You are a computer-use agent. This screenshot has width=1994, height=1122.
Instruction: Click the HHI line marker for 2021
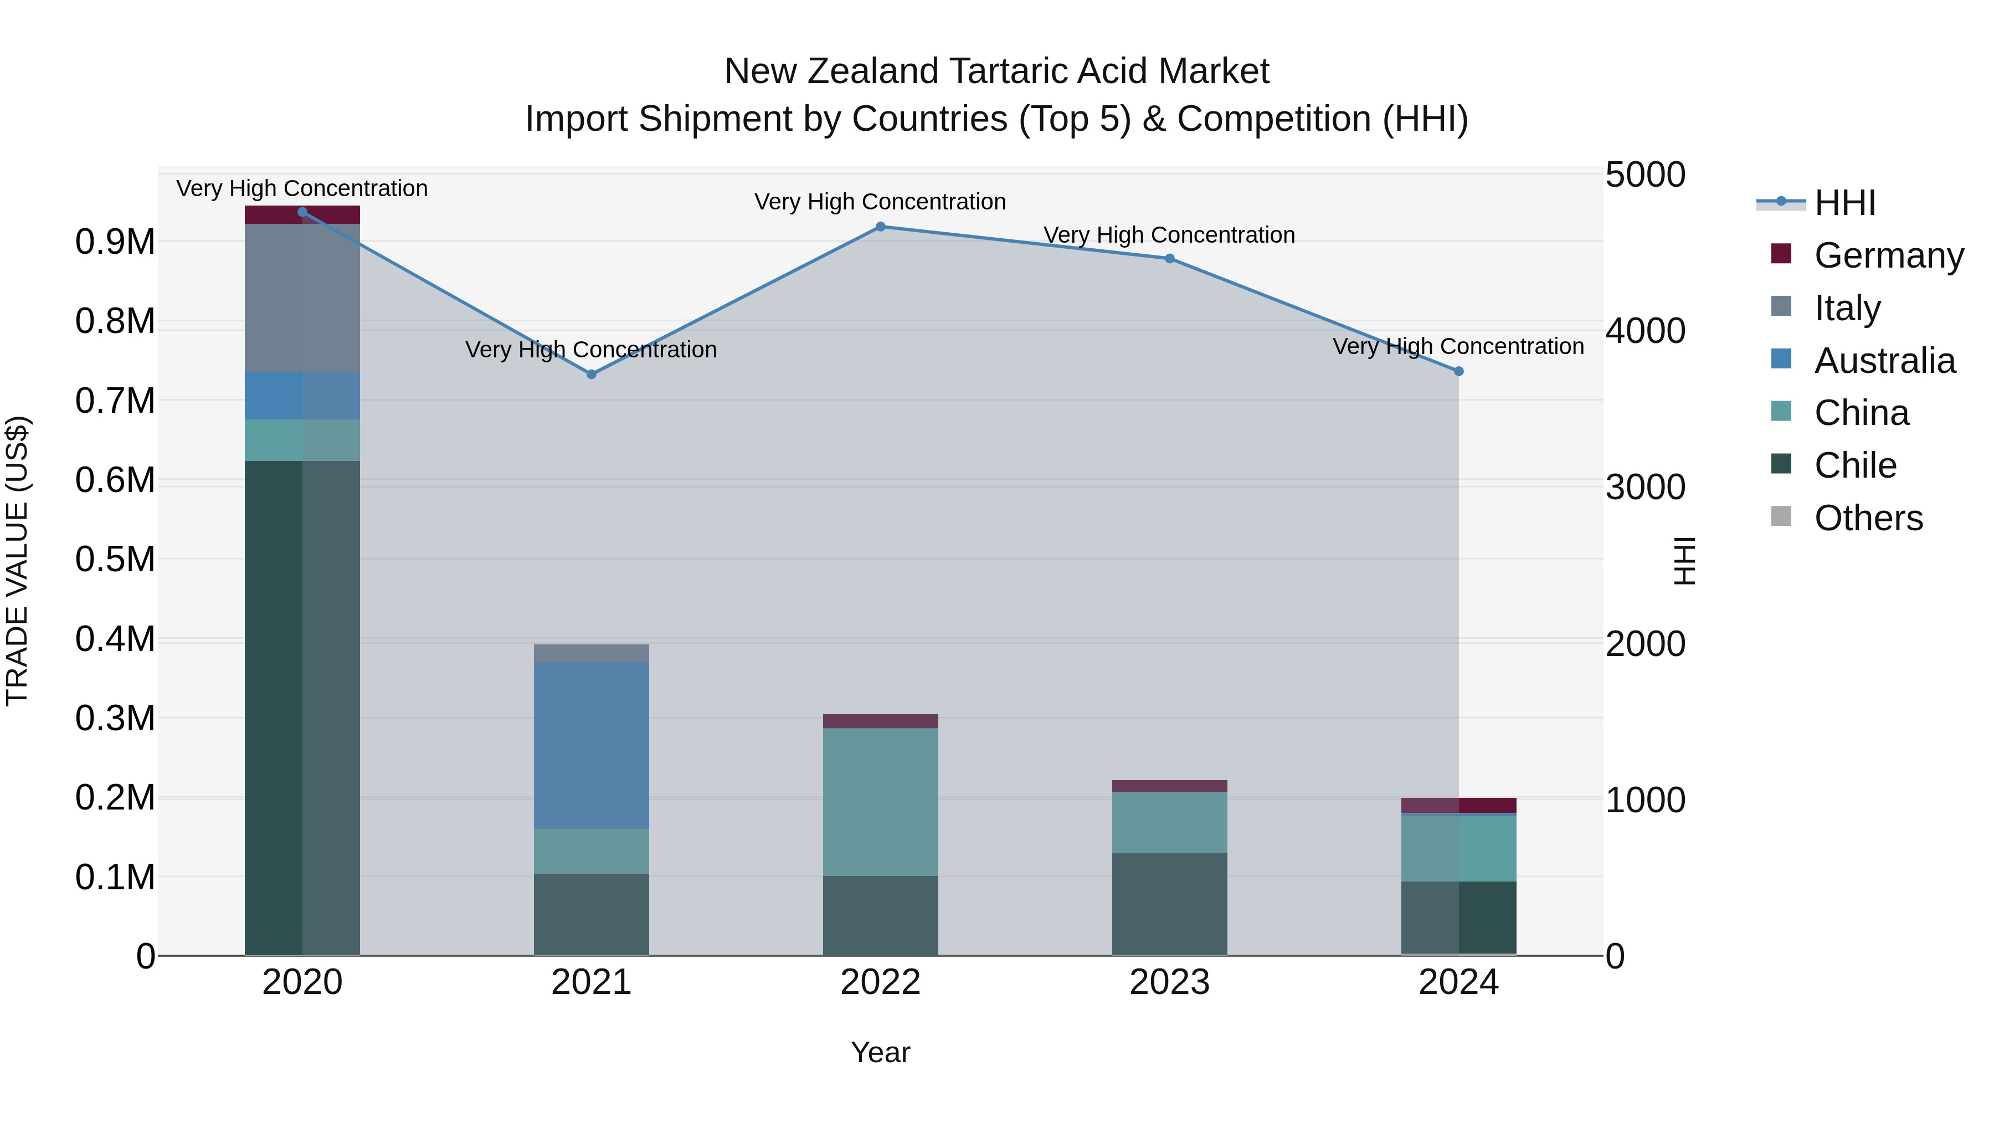point(592,374)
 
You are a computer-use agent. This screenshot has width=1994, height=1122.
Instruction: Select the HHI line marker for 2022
point(880,227)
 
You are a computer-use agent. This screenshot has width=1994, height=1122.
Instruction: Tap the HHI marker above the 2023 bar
point(1170,259)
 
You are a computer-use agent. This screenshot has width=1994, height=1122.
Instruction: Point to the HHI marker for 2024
point(1458,371)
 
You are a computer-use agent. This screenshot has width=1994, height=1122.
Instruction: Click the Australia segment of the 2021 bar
point(592,745)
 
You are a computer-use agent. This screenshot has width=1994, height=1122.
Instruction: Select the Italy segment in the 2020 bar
point(302,298)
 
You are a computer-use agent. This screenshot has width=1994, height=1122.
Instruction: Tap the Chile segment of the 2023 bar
point(1170,904)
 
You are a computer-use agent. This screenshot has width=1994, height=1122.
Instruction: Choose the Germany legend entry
point(1889,255)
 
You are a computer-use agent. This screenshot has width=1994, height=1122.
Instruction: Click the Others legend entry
point(1868,518)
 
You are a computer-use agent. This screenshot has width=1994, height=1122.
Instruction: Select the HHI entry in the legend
point(1844,203)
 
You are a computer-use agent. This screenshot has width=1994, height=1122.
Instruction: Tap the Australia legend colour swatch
point(1781,359)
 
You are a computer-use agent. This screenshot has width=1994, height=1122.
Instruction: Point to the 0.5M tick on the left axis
point(115,559)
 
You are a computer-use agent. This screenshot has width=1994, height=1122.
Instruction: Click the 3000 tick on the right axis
point(1645,487)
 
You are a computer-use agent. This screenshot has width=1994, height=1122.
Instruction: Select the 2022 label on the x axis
point(880,982)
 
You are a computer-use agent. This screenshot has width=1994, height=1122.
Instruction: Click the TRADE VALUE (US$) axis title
point(17,561)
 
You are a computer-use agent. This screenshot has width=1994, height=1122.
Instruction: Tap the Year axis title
point(880,1052)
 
